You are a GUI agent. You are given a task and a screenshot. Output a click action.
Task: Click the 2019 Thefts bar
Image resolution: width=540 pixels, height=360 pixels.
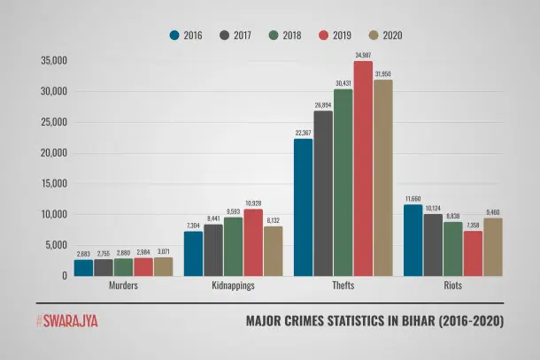(x=363, y=168)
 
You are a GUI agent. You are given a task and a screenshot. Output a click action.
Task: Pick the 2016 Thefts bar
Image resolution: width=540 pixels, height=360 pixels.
(x=304, y=207)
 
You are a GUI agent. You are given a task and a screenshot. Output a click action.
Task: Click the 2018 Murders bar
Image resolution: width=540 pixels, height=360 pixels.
(x=123, y=266)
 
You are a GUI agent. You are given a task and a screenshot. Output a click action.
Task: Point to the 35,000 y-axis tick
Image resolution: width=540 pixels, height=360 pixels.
(x=53, y=61)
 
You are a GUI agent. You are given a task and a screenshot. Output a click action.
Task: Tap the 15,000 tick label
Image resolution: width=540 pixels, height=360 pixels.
(x=53, y=183)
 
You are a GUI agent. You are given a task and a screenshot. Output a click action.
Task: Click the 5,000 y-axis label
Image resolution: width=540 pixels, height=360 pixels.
(x=56, y=245)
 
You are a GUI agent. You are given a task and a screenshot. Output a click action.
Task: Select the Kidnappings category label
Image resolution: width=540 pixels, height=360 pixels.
(x=233, y=287)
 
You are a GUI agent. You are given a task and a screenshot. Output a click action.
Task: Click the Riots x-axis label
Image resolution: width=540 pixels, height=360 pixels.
(x=453, y=287)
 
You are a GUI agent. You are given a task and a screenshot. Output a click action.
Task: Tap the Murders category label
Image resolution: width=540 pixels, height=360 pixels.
(x=123, y=287)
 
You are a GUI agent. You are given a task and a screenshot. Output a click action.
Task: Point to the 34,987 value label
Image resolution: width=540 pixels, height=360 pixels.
(x=363, y=55)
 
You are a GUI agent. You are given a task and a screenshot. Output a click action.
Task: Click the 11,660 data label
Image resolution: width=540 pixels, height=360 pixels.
(x=413, y=198)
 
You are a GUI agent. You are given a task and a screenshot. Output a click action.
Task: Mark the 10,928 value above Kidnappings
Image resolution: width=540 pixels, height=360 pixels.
(x=253, y=203)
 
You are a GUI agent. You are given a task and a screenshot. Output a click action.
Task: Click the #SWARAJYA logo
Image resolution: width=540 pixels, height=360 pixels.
(x=66, y=321)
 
